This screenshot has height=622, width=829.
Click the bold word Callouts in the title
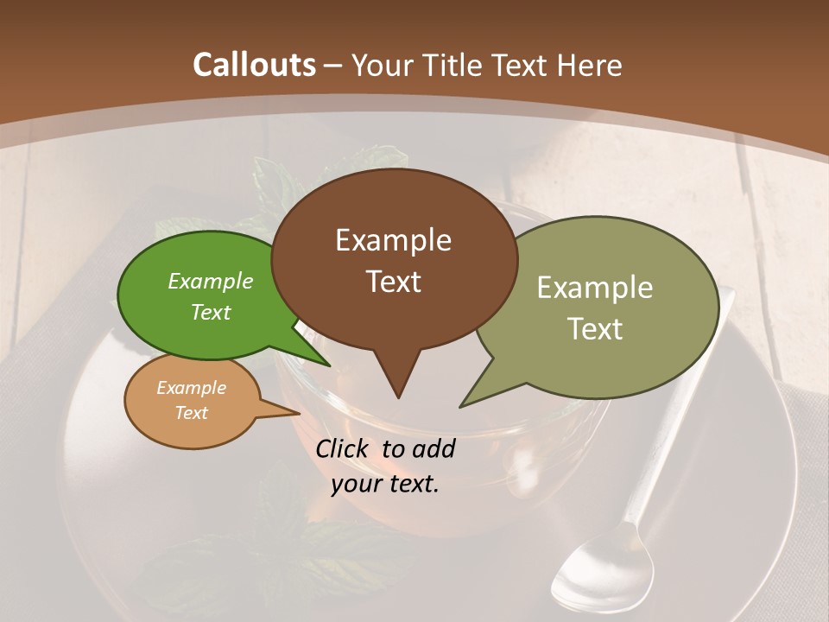[254, 65]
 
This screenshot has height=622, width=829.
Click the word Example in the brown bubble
[393, 240]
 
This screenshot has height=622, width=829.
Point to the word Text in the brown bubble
[393, 282]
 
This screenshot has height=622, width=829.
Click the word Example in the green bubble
[210, 281]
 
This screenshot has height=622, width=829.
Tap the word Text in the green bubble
[210, 312]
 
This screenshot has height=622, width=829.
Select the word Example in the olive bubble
[594, 288]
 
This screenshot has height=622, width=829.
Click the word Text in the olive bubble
[594, 329]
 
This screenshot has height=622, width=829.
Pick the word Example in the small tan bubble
[191, 388]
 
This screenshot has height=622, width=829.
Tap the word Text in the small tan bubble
[191, 413]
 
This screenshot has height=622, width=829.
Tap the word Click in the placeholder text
[343, 448]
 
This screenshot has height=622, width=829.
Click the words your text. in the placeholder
[384, 484]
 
